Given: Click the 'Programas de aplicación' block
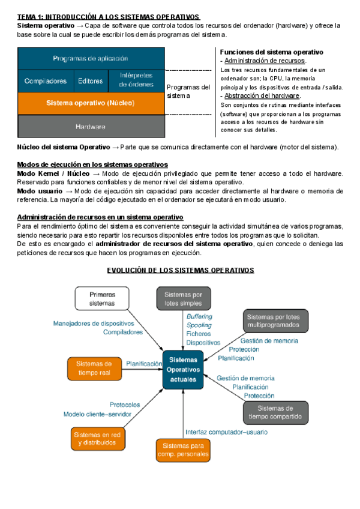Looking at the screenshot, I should [91, 58].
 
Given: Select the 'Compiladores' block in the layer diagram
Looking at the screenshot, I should [46, 80].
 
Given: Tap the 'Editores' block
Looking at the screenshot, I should [91, 80].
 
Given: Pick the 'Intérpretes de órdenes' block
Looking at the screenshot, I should [136, 80].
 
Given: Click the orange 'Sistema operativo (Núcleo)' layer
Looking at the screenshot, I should [91, 103].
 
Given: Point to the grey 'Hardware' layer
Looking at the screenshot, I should [91, 126].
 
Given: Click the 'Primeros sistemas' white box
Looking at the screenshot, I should [102, 299].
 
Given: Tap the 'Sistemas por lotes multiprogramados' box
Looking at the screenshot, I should [272, 321].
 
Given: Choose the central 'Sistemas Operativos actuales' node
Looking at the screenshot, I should [183, 369].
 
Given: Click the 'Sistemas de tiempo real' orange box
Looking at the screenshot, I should [95, 368].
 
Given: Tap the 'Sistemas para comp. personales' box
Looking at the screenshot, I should [184, 450].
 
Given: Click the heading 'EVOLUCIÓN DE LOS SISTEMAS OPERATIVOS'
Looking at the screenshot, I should [181, 270].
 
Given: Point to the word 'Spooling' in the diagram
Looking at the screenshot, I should [198, 325].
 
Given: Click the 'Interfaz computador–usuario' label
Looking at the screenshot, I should [226, 432].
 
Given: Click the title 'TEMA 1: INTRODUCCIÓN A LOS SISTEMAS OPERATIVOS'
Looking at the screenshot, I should [109, 17].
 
